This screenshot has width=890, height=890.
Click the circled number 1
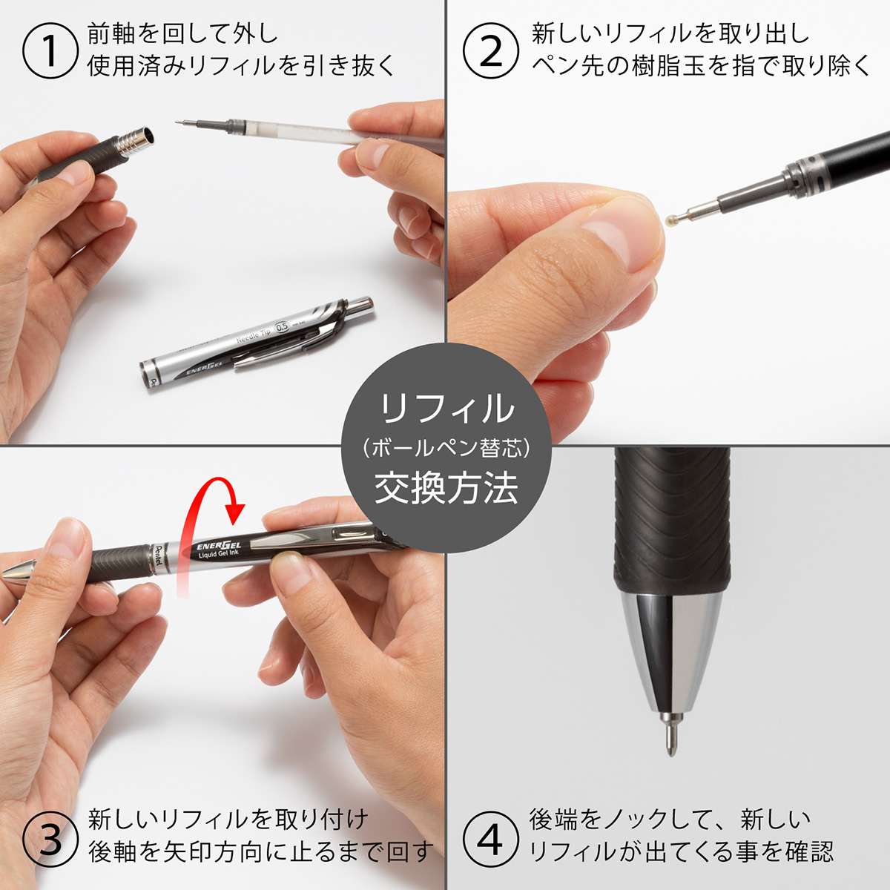tap(50, 50)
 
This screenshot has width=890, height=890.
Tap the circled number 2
tap(490, 50)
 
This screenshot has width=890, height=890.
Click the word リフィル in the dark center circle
tap(446, 409)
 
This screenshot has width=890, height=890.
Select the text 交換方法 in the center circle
tap(446, 489)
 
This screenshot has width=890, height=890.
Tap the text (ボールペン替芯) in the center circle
tap(446, 448)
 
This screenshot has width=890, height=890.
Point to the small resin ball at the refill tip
tap(672, 219)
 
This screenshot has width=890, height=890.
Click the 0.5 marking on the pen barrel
tap(282, 326)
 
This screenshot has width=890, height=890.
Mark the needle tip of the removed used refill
tap(182, 122)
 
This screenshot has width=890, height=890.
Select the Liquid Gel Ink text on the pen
tap(218, 556)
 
